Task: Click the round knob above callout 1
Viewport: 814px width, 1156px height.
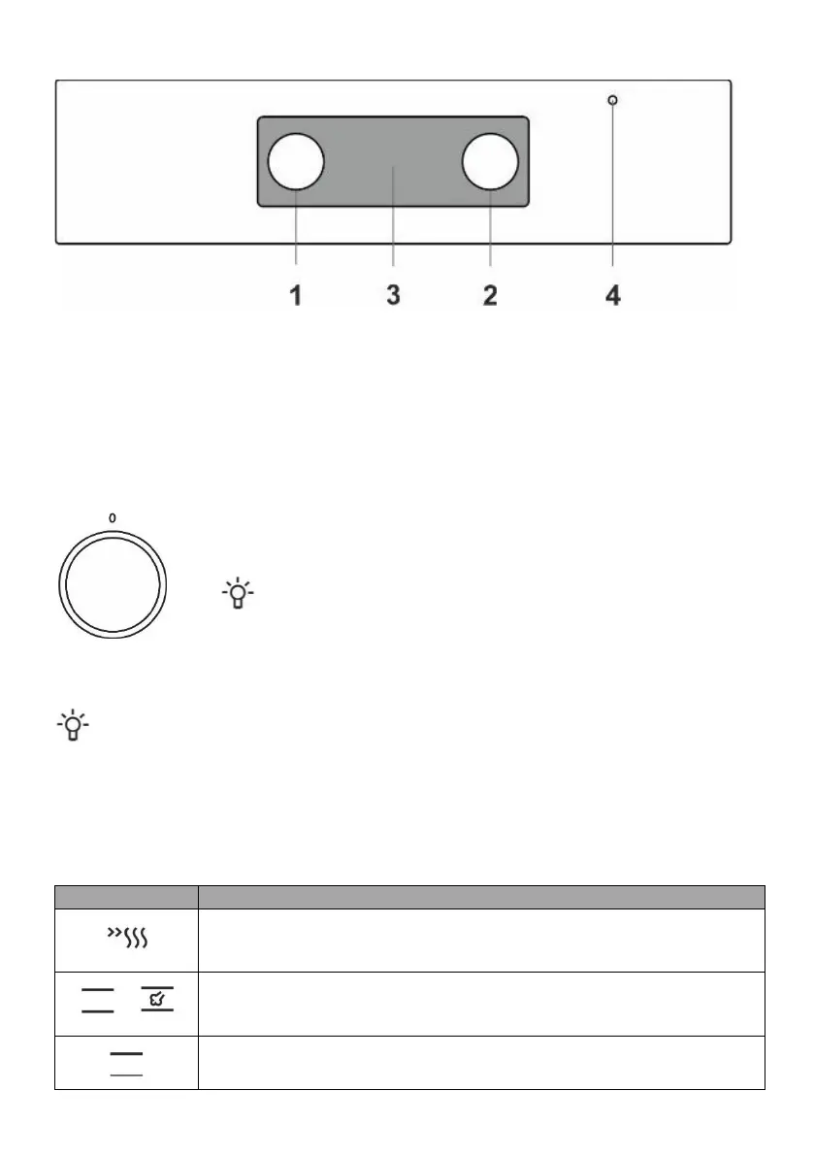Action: click(x=295, y=161)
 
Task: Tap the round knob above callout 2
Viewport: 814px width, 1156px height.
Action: click(x=490, y=161)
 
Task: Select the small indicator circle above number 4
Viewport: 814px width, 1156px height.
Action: click(x=612, y=100)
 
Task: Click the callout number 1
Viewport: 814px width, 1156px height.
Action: click(x=295, y=296)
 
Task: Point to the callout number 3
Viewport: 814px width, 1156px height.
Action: click(x=393, y=295)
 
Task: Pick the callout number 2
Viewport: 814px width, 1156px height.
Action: click(x=490, y=296)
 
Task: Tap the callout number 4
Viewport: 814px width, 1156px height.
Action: click(x=613, y=296)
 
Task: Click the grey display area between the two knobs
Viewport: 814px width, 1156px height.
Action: click(x=393, y=161)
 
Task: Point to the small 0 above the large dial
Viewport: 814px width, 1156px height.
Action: click(x=112, y=518)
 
